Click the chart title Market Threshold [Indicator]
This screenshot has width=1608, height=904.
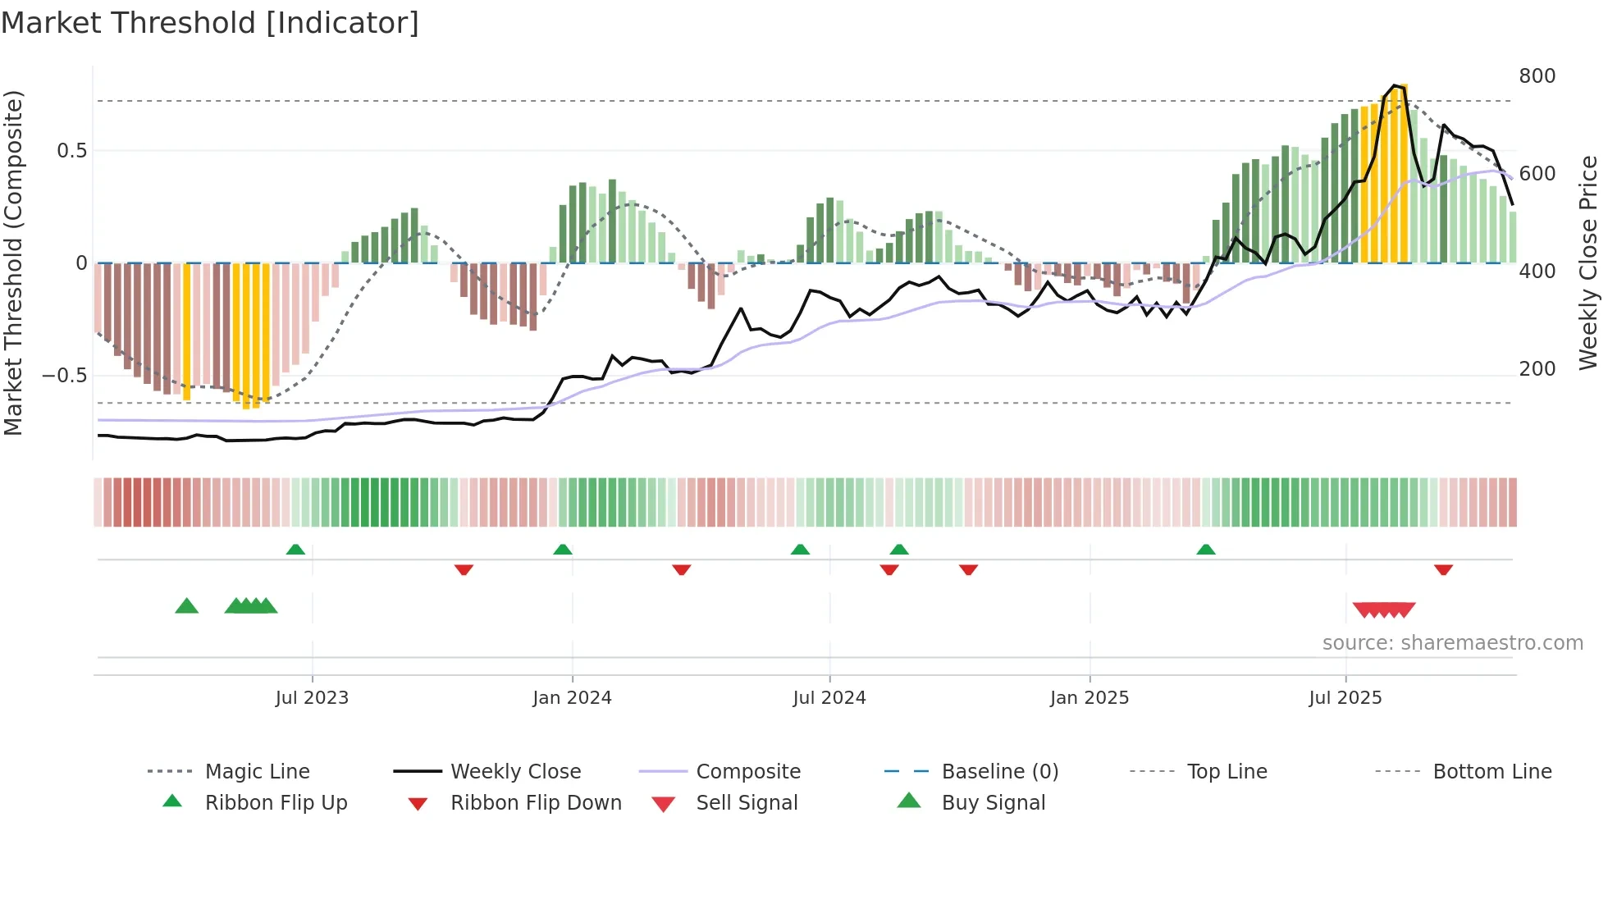point(210,23)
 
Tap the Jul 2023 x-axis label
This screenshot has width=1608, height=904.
point(312,698)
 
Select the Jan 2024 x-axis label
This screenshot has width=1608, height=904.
point(572,698)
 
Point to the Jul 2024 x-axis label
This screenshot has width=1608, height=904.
point(829,698)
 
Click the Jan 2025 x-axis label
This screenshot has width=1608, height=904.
point(1090,698)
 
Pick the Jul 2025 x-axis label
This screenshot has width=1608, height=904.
point(1345,698)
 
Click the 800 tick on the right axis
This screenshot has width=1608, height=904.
point(1537,76)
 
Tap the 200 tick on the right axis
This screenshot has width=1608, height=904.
point(1537,369)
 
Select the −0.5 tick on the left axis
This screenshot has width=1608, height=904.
point(64,376)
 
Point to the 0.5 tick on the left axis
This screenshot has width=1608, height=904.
point(71,151)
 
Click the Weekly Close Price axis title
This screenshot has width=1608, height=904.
point(1588,263)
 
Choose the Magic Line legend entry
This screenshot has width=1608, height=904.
point(257,772)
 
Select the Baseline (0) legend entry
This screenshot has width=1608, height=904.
point(999,772)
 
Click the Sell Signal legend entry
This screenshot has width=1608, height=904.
point(747,803)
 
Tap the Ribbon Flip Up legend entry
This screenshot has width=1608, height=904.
point(276,803)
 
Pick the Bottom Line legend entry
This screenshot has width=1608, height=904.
point(1492,772)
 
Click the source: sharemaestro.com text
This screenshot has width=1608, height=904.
point(1452,643)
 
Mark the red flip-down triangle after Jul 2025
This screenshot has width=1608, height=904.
point(1443,569)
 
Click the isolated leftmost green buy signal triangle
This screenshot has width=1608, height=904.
point(187,606)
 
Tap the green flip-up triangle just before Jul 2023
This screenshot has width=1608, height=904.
point(295,550)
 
